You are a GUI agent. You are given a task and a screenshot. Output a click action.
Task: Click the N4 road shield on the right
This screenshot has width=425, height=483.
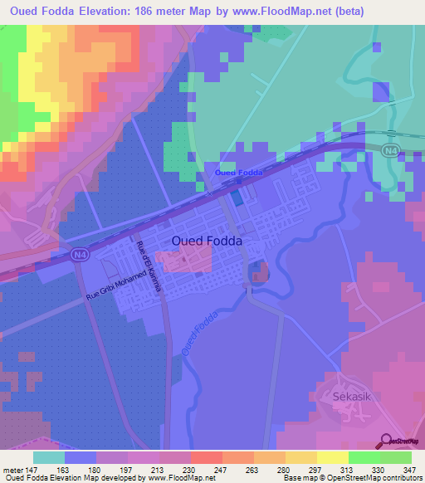[391, 149]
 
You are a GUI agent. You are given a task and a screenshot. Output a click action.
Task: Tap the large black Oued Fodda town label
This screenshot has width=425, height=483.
[207, 240]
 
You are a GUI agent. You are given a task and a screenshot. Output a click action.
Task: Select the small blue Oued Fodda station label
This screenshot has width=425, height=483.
[238, 172]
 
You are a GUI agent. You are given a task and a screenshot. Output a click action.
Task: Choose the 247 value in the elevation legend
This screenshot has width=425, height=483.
[199, 471]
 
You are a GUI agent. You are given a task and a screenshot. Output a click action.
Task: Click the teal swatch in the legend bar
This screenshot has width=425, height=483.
[49, 457]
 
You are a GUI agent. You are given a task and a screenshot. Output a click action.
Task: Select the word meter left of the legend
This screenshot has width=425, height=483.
[12, 471]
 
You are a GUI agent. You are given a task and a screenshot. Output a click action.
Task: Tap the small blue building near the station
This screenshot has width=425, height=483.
[238, 198]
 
